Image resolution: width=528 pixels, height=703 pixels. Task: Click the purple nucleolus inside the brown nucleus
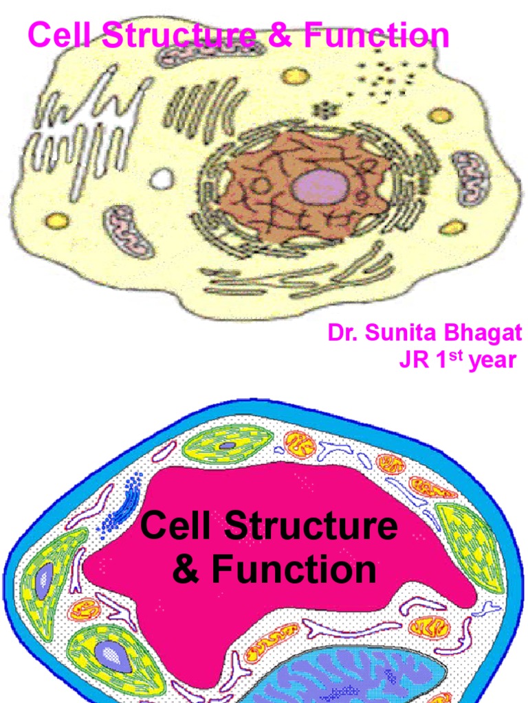pyautogui.click(x=320, y=186)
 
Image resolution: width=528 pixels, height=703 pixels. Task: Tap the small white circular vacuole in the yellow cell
pyautogui.click(x=162, y=180)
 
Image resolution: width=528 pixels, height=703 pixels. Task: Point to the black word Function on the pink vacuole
pyautogui.click(x=294, y=569)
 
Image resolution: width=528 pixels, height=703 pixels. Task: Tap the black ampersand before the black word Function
pyautogui.click(x=186, y=569)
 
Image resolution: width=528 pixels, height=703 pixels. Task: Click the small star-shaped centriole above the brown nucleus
pyautogui.click(x=321, y=109)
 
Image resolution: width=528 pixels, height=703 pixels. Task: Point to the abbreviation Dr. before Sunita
pyautogui.click(x=343, y=334)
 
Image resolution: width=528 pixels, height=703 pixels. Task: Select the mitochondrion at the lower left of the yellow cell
pyautogui.click(x=129, y=232)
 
